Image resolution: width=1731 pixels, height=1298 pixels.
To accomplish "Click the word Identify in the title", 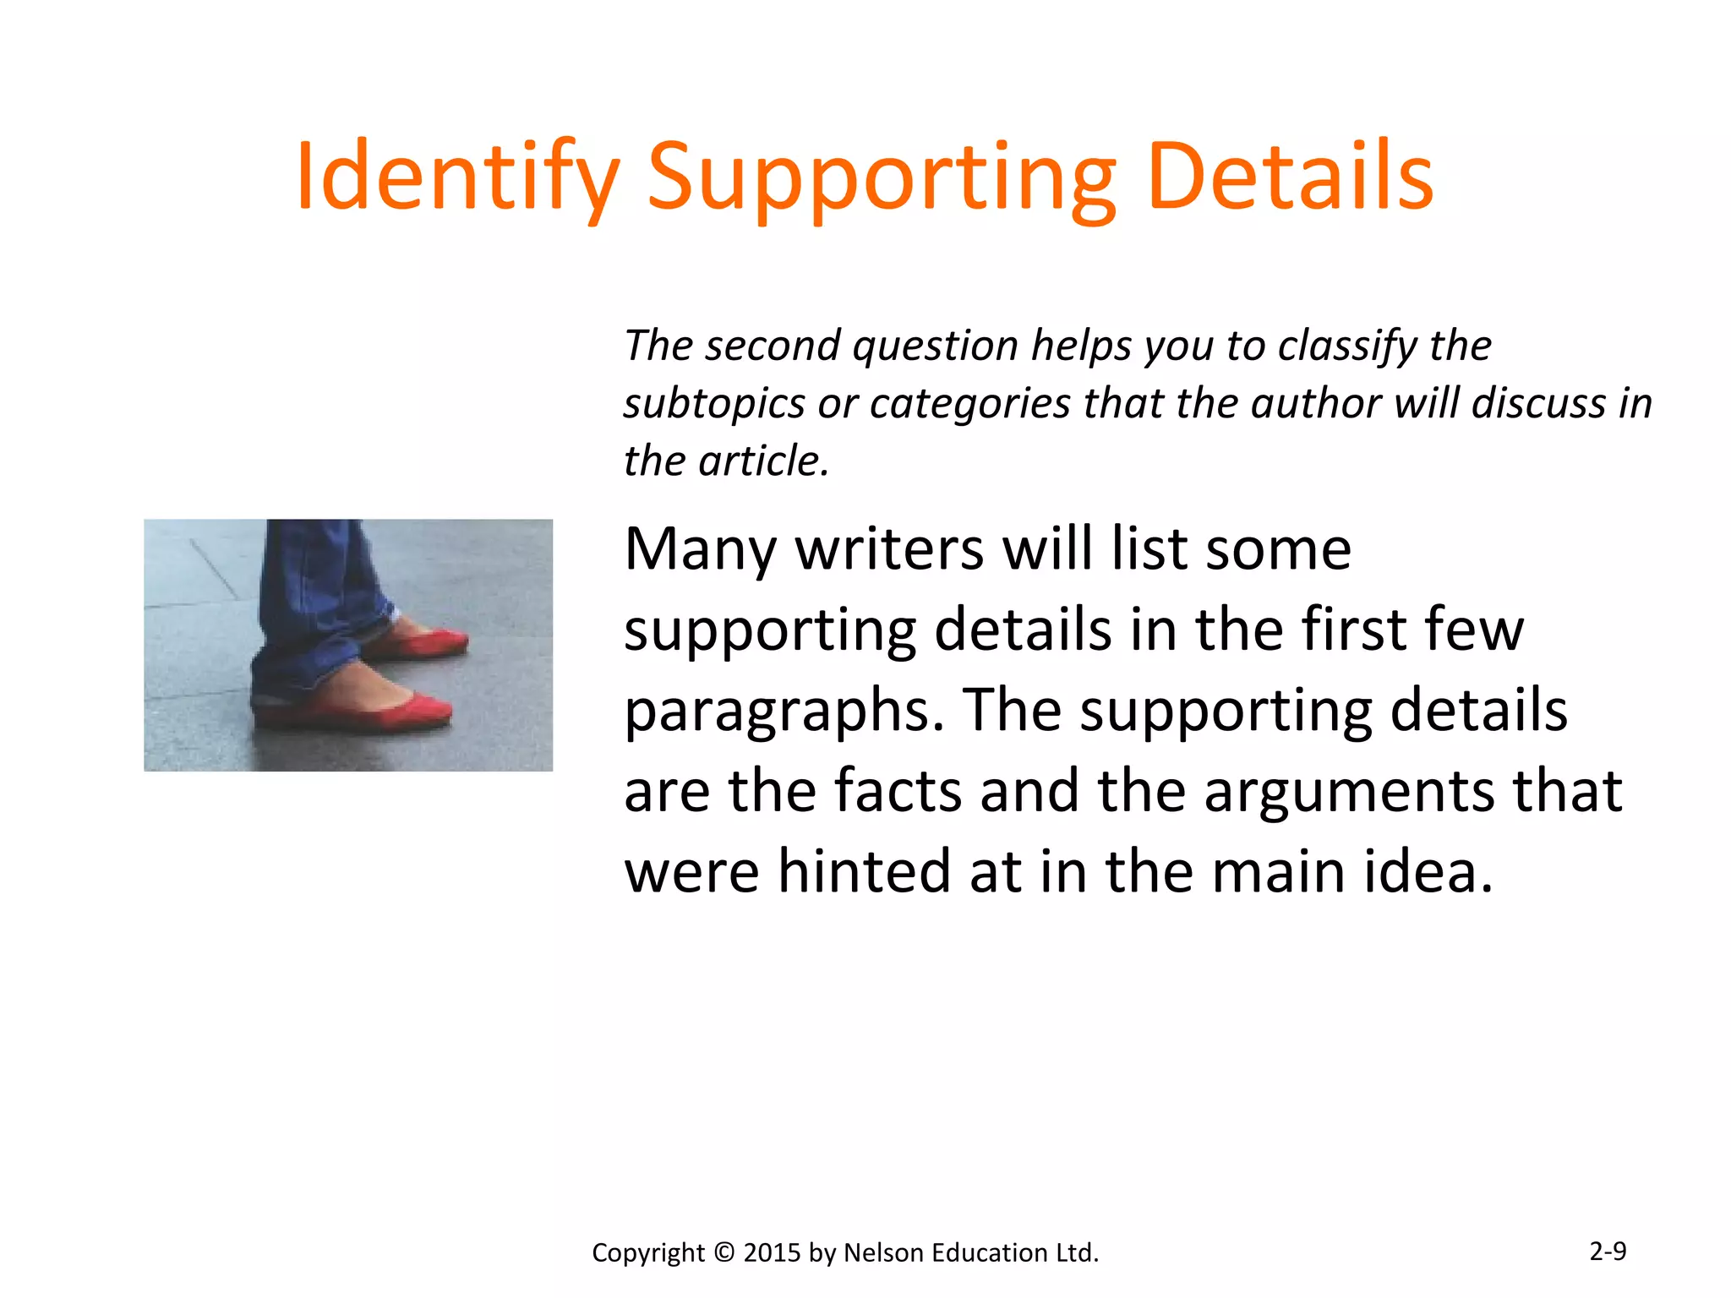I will pos(457,177).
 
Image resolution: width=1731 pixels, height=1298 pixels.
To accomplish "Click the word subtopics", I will pos(714,403).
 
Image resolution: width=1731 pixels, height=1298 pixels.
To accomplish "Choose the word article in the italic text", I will pos(764,461).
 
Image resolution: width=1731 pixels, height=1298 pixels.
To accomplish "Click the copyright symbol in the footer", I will pos(724,1252).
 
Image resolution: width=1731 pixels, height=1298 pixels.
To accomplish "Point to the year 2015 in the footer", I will pos(772,1252).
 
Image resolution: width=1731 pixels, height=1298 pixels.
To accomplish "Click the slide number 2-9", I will pos(1607,1251).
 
